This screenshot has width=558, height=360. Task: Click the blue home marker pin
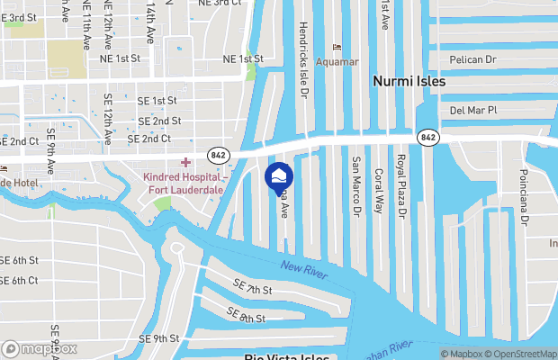coord(278,176)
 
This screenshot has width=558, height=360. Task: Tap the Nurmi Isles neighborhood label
coord(409,81)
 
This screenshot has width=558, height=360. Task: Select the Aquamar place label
coord(337,63)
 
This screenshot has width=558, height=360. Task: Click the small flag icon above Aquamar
coord(337,47)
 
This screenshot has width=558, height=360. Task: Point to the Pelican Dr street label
coord(472,58)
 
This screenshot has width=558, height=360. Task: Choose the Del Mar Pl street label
coord(473,110)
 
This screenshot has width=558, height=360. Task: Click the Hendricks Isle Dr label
coord(303,58)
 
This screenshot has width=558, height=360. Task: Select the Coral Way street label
coord(379,191)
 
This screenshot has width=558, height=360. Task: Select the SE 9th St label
coord(159,338)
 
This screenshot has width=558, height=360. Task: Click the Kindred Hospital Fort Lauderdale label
coord(183,184)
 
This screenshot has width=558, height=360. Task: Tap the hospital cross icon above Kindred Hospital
coord(186,162)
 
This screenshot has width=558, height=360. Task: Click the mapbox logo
coord(40,348)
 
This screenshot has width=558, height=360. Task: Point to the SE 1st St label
coord(157,100)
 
